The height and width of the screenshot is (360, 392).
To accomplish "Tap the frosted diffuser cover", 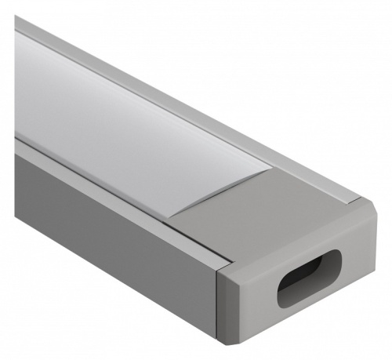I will [118, 118].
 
